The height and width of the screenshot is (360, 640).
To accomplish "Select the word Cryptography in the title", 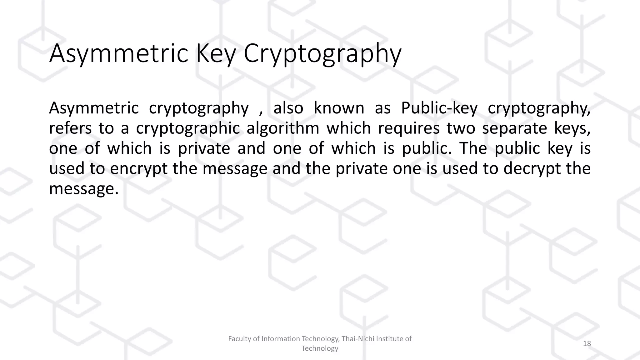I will pos(322,54).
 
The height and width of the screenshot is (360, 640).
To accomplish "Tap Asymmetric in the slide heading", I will pos(118,54).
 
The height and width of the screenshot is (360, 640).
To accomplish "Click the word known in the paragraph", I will pos(339,108).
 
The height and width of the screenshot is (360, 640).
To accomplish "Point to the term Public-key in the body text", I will pos(439,108).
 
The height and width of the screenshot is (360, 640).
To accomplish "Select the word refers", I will pos(70,128).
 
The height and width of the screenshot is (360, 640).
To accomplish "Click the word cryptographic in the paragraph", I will pos(188,129).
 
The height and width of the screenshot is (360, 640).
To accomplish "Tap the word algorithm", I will pos(283,129).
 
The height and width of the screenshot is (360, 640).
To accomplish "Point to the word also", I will pos(288,108).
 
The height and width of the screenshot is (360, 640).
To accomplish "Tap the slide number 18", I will pos(587,344).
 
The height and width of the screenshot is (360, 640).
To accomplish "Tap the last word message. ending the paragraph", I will pos(84,189).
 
